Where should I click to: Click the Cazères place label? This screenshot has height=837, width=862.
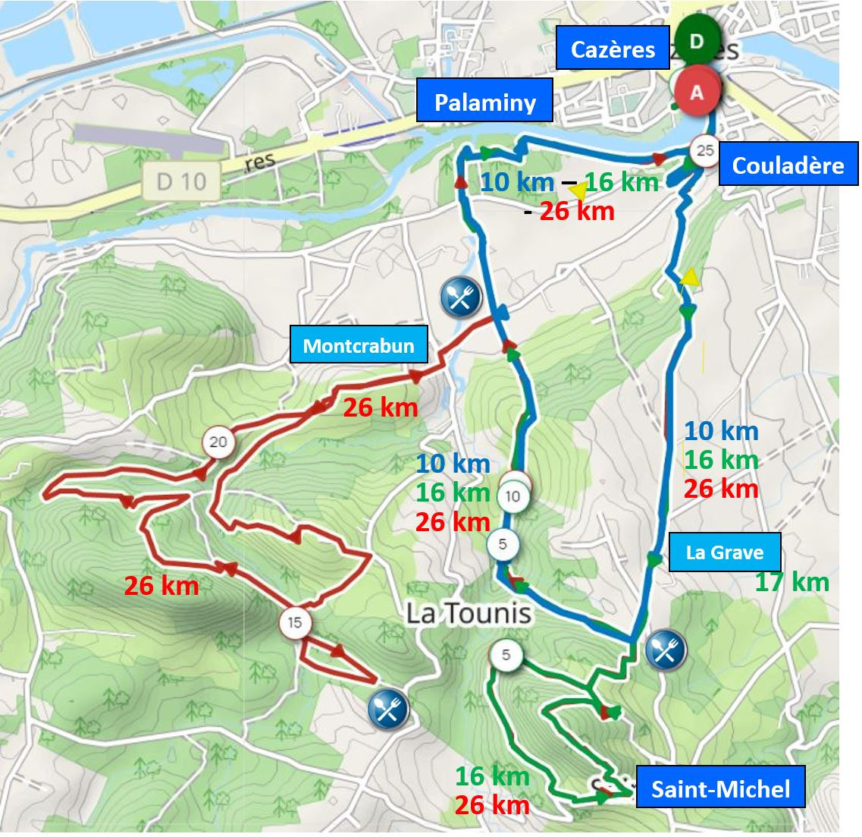(x=613, y=49)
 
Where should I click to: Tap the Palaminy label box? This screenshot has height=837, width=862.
(x=485, y=102)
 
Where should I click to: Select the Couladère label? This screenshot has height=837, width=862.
(x=788, y=165)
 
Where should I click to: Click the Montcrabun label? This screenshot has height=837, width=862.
(x=359, y=346)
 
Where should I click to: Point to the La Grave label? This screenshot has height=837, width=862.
(x=724, y=552)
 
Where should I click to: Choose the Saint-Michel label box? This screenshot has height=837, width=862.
(x=720, y=790)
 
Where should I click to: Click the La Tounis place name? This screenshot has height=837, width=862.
(x=469, y=613)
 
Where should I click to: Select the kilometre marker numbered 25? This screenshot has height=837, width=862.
(x=705, y=150)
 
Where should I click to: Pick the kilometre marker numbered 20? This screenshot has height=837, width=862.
(x=218, y=442)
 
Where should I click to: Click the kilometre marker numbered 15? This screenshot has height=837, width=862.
(x=295, y=623)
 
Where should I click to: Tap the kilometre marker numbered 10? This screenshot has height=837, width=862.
(x=513, y=497)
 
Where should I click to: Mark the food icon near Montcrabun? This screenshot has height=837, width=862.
(x=460, y=296)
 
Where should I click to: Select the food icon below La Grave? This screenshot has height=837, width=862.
(x=666, y=650)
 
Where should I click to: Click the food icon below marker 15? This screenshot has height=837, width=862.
(x=388, y=708)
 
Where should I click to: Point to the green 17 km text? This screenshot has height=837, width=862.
(x=792, y=582)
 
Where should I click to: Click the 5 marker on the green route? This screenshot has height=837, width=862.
(x=506, y=655)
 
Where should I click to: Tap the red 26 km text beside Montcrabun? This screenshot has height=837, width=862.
(x=380, y=407)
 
